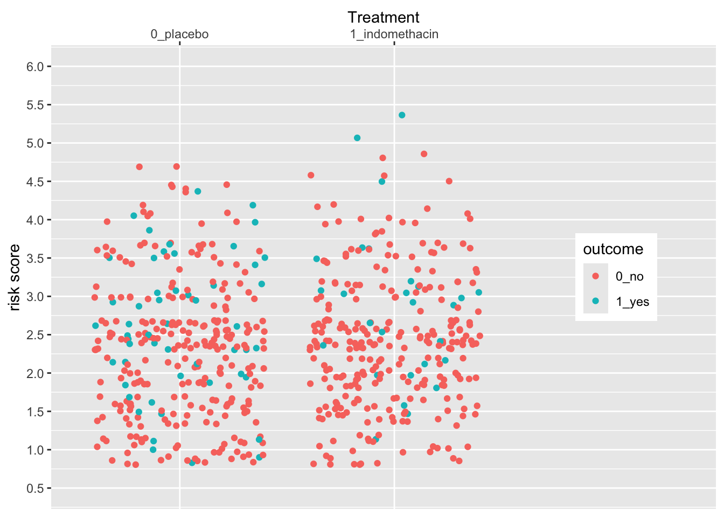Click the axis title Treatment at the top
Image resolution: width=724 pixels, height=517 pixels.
(x=383, y=17)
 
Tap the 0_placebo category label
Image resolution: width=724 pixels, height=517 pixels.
(x=179, y=34)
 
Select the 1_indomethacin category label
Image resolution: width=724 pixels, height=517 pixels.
(x=394, y=34)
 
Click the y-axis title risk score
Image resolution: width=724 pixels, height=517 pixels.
(x=15, y=277)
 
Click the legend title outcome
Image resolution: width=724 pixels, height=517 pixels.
(x=613, y=249)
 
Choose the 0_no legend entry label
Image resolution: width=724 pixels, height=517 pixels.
(x=629, y=277)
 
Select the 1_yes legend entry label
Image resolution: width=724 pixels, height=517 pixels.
(x=632, y=302)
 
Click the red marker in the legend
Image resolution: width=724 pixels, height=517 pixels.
(x=595, y=276)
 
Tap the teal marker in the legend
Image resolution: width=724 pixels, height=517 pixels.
(x=595, y=302)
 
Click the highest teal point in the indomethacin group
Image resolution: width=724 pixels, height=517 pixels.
(x=402, y=115)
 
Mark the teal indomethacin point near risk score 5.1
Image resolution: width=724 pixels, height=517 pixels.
(x=357, y=138)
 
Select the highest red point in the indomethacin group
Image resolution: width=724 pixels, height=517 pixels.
(x=424, y=154)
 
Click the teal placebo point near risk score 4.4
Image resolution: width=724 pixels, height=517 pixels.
(x=198, y=191)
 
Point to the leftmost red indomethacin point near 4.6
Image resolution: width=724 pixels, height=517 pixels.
(x=311, y=175)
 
